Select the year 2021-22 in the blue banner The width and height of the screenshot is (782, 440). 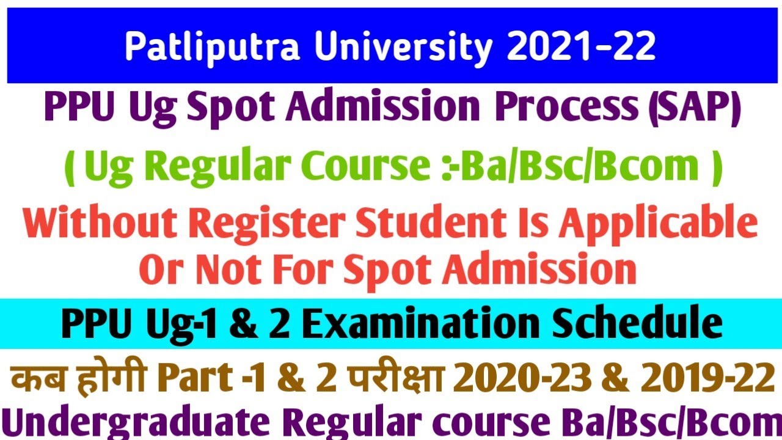tap(580, 46)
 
